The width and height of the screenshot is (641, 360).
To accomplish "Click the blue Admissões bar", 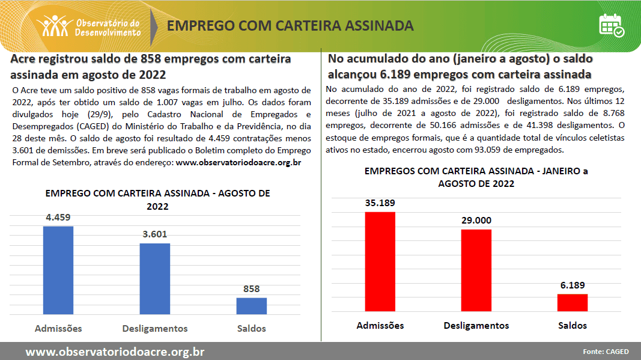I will pos(58,270).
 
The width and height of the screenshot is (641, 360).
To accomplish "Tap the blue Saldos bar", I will pos(251,305).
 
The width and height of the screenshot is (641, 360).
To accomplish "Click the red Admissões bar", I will pos(380,261).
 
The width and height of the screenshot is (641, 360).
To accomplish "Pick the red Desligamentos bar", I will pos(476,270).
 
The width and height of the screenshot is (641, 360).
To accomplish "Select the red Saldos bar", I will pos(573,302).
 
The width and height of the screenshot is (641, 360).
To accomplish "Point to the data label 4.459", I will pos(58,218).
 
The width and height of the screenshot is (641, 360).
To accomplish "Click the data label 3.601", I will pos(154,234).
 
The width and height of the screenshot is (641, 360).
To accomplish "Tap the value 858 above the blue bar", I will pos(251,289).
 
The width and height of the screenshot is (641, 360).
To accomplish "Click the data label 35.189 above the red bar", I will pos(380,203).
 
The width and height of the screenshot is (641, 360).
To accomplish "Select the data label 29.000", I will pos(476,221).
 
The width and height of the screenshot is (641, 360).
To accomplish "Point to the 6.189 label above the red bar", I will pos(573,285).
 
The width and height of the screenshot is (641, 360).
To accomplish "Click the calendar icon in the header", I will pos(612,25).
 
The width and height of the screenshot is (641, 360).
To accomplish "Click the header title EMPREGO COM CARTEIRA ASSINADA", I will pos(290,26).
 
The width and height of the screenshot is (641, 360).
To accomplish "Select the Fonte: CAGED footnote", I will pos(606,352).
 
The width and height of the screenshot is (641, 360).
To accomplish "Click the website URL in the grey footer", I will pos(115,352).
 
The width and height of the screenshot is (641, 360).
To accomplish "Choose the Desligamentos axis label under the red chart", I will pos(476,326).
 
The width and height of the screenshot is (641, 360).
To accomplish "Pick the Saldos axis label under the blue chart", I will pos(251,329).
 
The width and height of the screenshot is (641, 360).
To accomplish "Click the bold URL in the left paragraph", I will pos(238,162).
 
